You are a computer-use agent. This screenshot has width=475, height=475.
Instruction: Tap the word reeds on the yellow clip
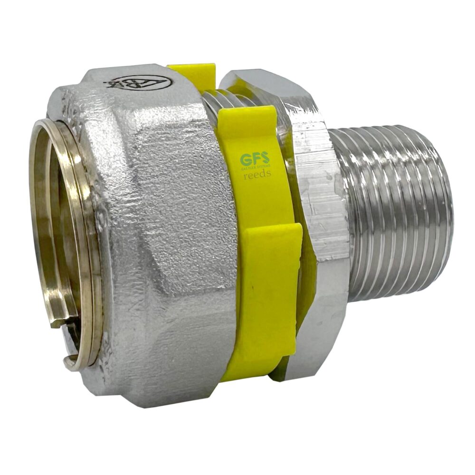[256, 174]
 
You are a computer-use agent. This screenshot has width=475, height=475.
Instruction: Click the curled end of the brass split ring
[71, 363]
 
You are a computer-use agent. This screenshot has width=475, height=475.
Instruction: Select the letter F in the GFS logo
[255, 159]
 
